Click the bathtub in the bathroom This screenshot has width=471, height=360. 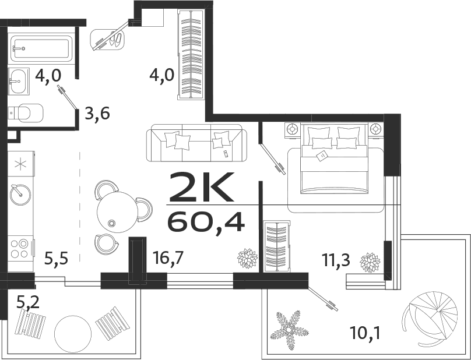coord(41,48)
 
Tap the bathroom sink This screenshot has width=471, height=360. coord(18,81)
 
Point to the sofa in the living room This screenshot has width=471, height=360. coord(196,144)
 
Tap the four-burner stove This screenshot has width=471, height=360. coord(20,248)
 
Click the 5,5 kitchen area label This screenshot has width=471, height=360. coord(57,257)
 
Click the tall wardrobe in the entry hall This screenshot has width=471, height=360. coord(190,56)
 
